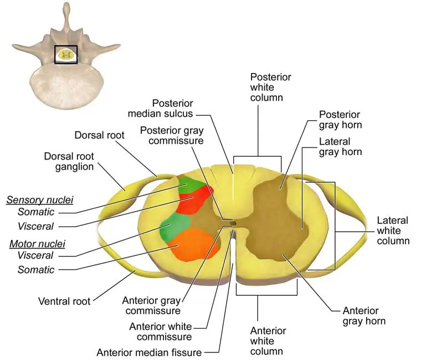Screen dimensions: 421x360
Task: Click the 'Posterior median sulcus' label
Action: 160,108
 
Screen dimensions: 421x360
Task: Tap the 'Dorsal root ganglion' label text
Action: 69,161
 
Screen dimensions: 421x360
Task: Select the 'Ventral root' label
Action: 64,301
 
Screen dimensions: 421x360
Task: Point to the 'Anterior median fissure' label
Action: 149,352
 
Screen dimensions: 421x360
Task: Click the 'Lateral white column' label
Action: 393,230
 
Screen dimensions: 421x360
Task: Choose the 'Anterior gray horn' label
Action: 364,316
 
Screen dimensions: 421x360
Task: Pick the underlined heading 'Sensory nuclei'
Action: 40,200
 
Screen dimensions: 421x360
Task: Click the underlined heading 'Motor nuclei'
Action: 37,244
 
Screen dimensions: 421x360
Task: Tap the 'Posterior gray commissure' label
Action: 172,136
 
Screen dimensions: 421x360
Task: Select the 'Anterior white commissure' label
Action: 161,332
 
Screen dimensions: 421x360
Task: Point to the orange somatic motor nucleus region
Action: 194,245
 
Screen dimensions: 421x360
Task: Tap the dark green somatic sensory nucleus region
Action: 191,184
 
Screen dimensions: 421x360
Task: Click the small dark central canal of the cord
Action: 233,223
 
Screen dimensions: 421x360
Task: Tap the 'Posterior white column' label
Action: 271,88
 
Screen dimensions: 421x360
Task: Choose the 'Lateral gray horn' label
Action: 340,147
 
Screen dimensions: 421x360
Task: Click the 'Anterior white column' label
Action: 268,341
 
